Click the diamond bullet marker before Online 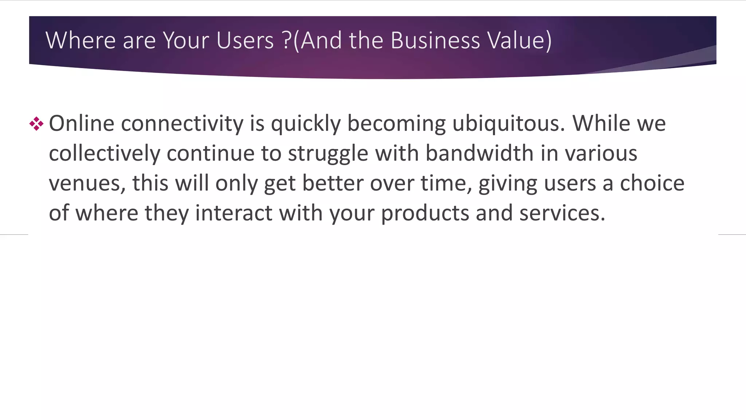click(x=36, y=124)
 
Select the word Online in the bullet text click(x=82, y=123)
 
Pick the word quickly click(x=306, y=124)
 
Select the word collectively click(x=105, y=153)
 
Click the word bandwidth click(x=480, y=153)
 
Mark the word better click(x=333, y=183)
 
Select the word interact click(x=233, y=213)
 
